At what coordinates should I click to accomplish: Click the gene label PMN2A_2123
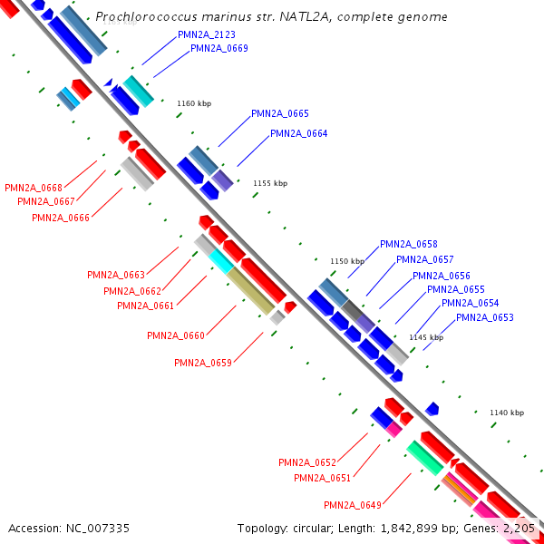(x=207, y=34)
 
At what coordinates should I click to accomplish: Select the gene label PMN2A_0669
(x=219, y=48)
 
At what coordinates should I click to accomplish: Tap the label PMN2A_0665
(x=280, y=113)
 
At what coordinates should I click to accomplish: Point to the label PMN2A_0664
(x=298, y=133)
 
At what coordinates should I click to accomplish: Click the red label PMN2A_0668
(x=34, y=188)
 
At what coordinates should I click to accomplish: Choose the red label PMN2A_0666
(x=61, y=218)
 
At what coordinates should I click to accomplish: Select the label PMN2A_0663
(x=116, y=275)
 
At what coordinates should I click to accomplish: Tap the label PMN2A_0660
(x=176, y=335)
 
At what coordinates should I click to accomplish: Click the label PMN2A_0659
(x=203, y=363)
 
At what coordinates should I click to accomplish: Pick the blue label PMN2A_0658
(x=409, y=244)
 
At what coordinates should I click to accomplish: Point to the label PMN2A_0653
(x=485, y=317)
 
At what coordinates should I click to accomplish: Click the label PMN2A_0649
(x=353, y=505)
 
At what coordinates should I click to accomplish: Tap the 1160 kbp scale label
(x=194, y=103)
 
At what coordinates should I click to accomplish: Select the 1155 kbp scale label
(x=270, y=183)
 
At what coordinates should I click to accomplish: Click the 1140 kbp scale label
(x=507, y=413)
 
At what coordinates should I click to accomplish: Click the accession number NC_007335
(x=98, y=529)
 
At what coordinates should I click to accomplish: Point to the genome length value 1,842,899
(x=409, y=529)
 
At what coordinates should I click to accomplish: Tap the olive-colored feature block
(x=250, y=291)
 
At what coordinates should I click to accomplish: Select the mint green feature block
(x=425, y=458)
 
